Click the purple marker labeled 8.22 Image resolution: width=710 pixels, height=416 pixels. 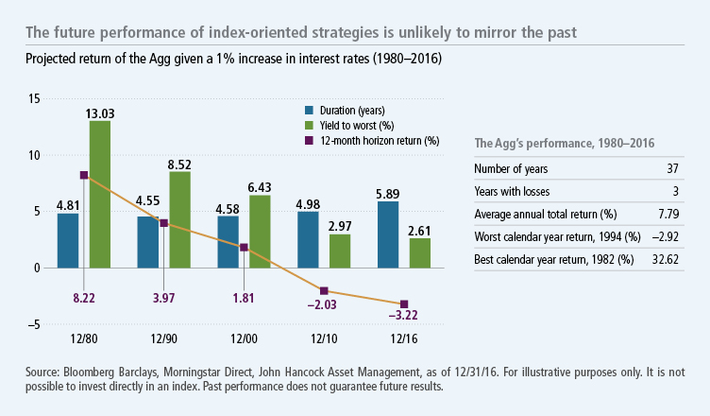pyautogui.click(x=84, y=175)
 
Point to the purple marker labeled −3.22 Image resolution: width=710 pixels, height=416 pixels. pyautogui.click(x=405, y=303)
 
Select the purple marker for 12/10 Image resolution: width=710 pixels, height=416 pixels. pyautogui.click(x=325, y=290)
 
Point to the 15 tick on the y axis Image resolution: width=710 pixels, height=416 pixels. pyautogui.click(x=34, y=98)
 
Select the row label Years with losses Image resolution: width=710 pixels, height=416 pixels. pyautogui.click(x=512, y=192)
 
